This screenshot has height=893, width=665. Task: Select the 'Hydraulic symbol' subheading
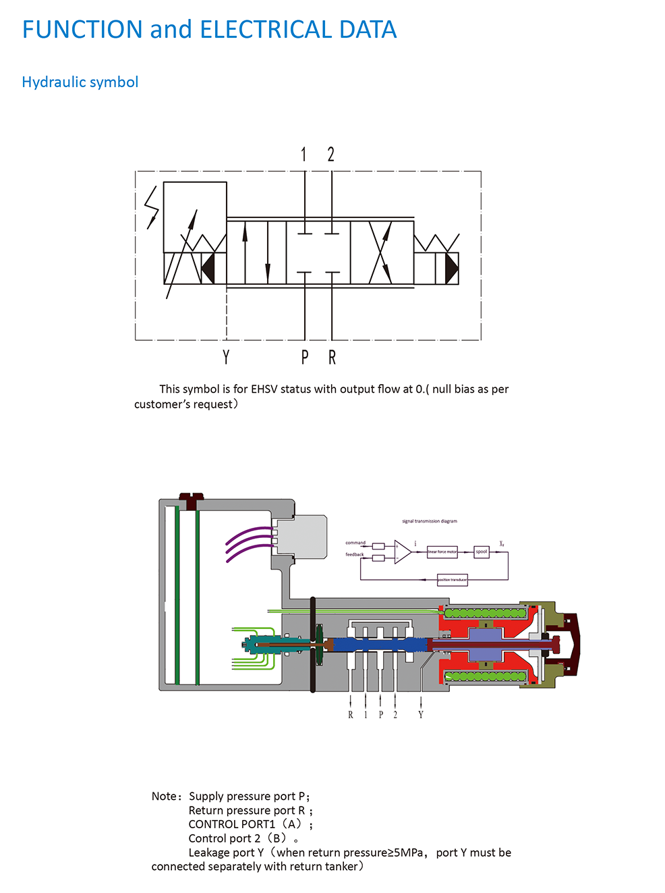tap(80, 82)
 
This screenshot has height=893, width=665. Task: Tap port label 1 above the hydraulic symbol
tap(304, 155)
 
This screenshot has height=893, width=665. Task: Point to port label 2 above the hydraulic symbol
tap(331, 155)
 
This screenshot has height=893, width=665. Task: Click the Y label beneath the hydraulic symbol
tap(226, 357)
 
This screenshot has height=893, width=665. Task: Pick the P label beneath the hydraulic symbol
tap(305, 357)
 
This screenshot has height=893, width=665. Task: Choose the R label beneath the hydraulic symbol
tap(332, 357)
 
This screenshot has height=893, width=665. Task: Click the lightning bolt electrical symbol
tap(152, 207)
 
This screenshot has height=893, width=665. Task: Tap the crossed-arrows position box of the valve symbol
tap(382, 252)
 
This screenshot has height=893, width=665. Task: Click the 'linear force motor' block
tap(442, 552)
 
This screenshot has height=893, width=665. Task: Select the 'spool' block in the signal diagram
tap(482, 551)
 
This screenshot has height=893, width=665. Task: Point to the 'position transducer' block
tap(453, 580)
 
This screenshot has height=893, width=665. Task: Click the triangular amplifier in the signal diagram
tap(402, 551)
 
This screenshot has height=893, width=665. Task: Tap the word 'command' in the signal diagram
tap(355, 543)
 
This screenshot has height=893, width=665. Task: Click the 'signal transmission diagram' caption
tap(430, 521)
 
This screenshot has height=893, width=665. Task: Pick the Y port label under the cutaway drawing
tap(421, 715)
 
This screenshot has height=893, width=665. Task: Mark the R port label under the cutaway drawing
tap(351, 715)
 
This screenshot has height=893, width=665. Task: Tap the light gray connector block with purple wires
tap(302, 537)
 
